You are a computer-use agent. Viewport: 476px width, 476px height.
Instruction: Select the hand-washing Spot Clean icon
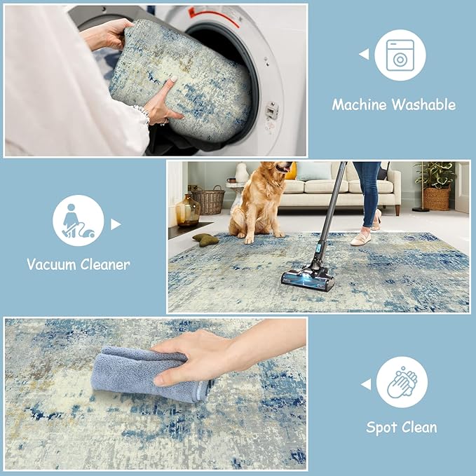coord(402,382)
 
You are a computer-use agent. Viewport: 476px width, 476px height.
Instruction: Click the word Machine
coord(359,105)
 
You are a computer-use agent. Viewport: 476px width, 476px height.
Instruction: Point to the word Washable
coord(423,105)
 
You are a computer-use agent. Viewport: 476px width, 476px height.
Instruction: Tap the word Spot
coord(383,427)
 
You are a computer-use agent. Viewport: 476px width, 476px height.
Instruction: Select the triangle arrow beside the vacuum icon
coord(116,224)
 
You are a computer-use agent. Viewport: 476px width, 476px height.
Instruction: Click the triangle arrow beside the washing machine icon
coord(363,54)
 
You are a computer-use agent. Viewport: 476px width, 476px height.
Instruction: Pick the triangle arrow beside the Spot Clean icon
coord(365,383)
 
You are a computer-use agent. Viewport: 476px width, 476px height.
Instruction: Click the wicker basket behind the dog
coord(208,200)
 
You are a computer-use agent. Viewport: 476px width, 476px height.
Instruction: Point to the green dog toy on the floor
coord(205,239)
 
